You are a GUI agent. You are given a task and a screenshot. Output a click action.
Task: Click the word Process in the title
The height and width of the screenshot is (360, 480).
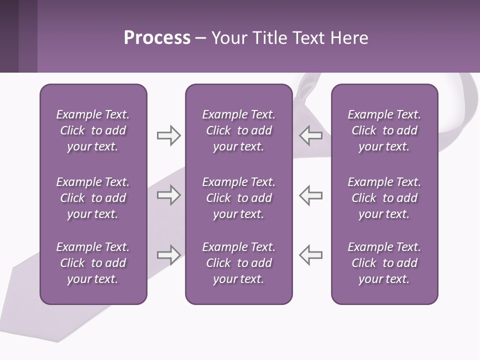(157, 38)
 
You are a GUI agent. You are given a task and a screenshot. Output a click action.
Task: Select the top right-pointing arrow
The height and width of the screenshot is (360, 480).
(168, 135)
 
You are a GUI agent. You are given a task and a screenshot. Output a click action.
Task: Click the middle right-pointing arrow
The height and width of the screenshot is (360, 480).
(168, 195)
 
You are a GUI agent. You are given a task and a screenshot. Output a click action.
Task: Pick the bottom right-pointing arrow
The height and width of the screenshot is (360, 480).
(168, 255)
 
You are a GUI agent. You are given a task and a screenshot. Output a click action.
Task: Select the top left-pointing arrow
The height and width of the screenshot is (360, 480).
(311, 135)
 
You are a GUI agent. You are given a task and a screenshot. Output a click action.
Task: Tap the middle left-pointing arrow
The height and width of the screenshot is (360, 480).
(311, 195)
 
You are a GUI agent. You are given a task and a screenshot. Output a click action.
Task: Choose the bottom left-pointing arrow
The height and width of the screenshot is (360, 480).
(311, 255)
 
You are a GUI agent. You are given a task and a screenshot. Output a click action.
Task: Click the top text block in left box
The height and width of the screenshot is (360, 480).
(93, 130)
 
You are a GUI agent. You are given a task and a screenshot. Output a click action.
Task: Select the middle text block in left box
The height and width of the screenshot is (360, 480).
(93, 198)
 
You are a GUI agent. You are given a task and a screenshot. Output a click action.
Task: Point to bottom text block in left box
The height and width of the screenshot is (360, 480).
(93, 263)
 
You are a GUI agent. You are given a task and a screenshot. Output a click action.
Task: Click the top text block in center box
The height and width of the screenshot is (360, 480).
(238, 130)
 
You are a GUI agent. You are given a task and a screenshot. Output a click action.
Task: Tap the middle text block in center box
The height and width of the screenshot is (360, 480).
(238, 198)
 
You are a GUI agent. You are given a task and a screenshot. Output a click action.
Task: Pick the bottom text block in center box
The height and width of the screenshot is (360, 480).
(238, 263)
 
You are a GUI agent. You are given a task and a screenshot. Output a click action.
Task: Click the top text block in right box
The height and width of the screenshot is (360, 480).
(384, 130)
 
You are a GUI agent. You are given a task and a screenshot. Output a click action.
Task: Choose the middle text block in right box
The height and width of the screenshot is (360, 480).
(384, 198)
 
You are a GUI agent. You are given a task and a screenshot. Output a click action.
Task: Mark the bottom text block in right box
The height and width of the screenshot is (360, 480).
(384, 263)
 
